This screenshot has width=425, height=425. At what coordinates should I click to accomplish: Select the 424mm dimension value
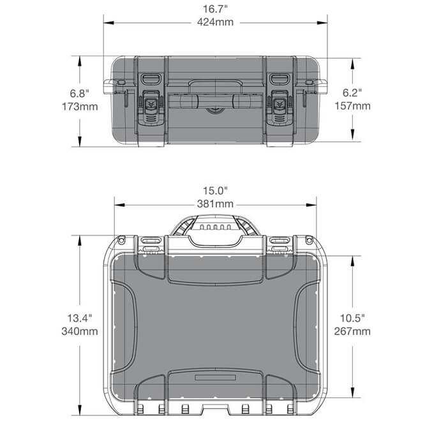[215, 22]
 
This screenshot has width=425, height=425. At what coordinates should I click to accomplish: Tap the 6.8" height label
[80, 93]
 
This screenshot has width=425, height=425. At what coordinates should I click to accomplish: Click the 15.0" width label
[215, 191]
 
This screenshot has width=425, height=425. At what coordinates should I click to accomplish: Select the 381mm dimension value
[215, 204]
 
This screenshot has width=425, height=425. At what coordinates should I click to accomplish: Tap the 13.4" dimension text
[80, 318]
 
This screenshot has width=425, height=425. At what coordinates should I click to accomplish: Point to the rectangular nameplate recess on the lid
[215, 379]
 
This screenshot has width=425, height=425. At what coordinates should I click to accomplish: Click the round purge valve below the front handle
[215, 109]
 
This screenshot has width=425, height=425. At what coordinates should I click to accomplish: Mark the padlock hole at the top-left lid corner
[121, 241]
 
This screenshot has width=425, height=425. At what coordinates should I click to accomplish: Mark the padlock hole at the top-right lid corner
[309, 241]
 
